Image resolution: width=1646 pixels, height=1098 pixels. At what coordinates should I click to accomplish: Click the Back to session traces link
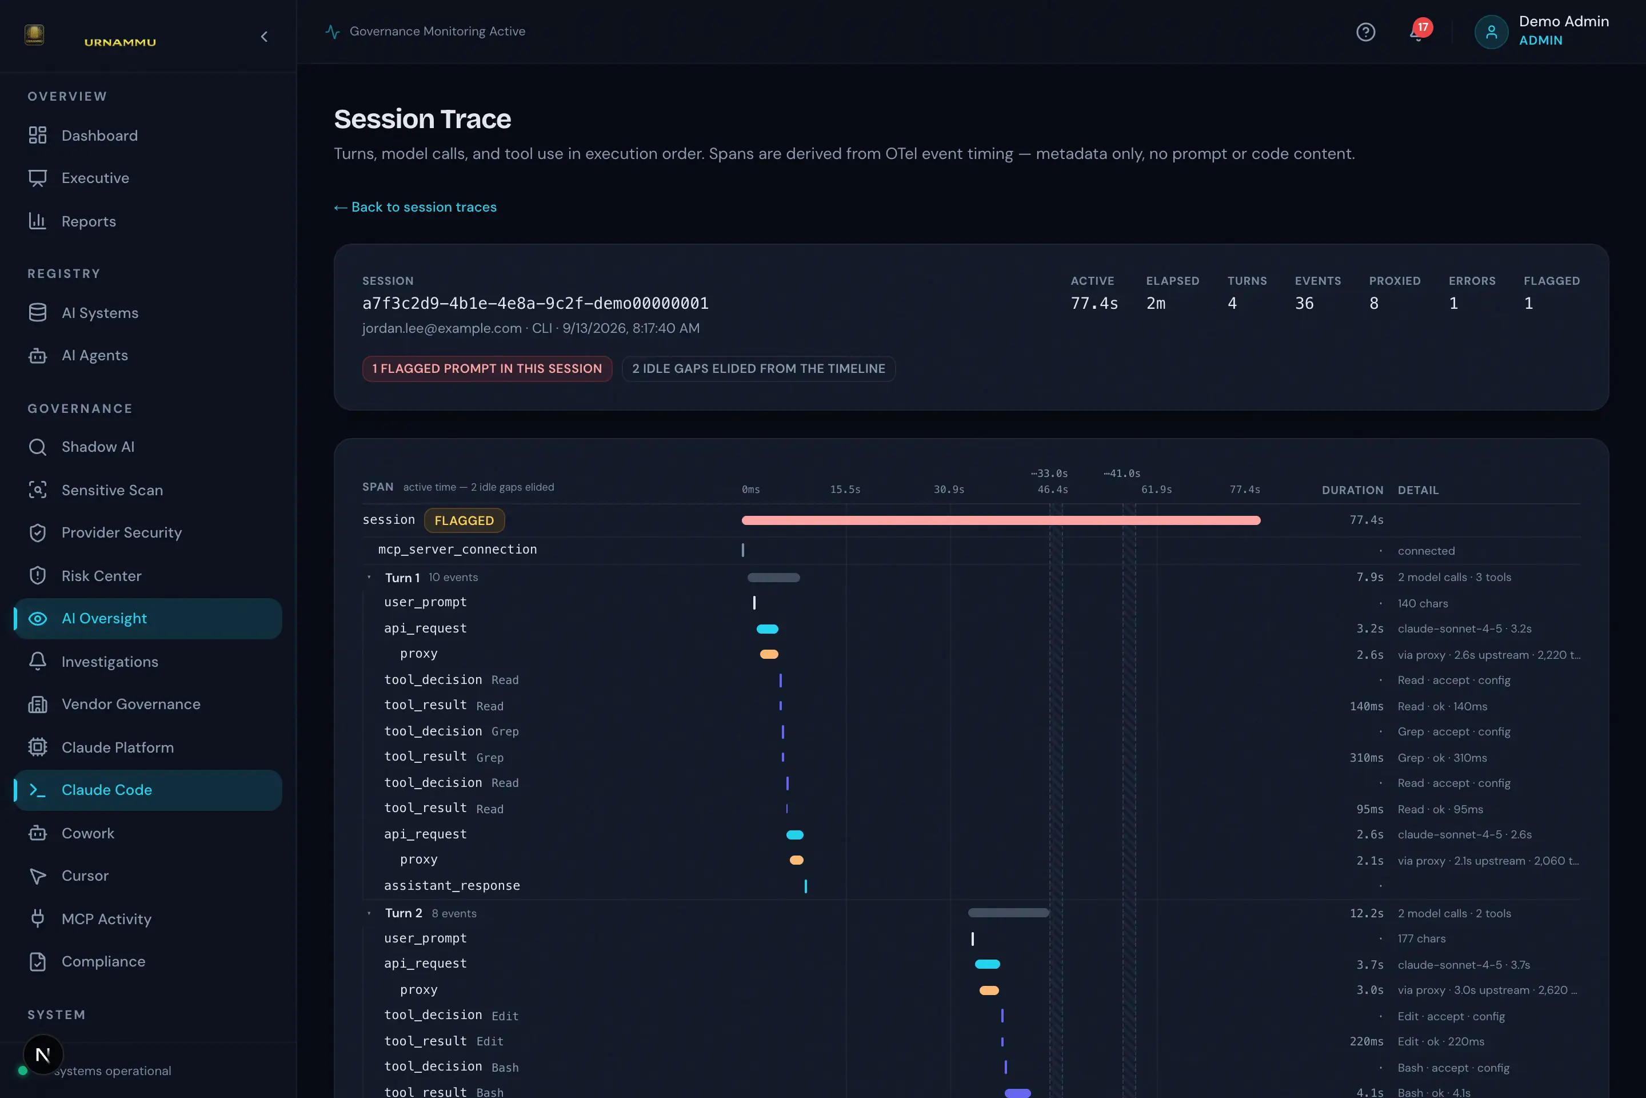pos(415,207)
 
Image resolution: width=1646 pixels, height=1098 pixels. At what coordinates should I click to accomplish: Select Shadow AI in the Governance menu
pos(98,447)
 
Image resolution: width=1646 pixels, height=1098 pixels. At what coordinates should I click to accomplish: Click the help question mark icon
pos(1365,32)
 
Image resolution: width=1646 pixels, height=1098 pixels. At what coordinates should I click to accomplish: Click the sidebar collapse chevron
pos(264,37)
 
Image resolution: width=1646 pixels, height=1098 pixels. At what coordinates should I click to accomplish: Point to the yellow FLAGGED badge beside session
pos(464,520)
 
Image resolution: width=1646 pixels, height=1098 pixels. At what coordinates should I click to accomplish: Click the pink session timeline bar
pos(1001,520)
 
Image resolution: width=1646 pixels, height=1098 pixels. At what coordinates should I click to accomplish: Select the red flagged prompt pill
pos(487,368)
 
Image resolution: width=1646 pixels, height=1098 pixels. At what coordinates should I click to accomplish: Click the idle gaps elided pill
pos(758,368)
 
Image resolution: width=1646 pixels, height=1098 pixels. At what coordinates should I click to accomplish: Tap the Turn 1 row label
pos(402,578)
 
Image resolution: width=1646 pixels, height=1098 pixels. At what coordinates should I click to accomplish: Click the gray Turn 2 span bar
pos(1008,913)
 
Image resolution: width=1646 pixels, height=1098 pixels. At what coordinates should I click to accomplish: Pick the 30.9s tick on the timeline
pos(949,490)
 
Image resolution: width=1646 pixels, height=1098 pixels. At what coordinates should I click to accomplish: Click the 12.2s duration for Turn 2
pos(1366,913)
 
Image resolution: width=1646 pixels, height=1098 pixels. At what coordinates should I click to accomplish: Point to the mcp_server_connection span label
pos(458,549)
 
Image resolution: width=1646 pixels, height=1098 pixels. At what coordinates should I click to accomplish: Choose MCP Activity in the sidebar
pos(106,919)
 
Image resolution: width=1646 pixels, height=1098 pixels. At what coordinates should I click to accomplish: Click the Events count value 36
pos(1304,303)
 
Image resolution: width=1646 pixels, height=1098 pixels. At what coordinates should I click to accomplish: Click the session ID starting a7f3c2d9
pos(536,303)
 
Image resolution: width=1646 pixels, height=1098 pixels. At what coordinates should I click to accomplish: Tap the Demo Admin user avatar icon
pos(1491,32)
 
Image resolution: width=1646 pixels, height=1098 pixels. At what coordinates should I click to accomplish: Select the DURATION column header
pos(1352,490)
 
